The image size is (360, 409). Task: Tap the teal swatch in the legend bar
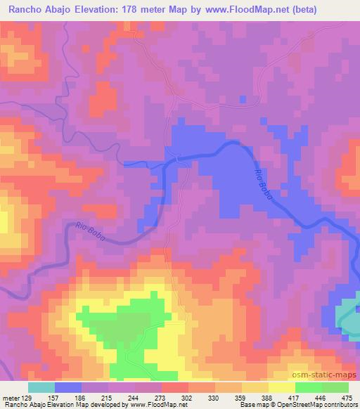(x=41, y=387)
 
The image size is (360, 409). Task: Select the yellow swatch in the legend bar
(x=281, y=387)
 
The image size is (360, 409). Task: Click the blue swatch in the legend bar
(x=68, y=387)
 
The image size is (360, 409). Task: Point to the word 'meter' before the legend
(x=8, y=398)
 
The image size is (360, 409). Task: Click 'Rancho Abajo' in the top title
(x=38, y=9)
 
